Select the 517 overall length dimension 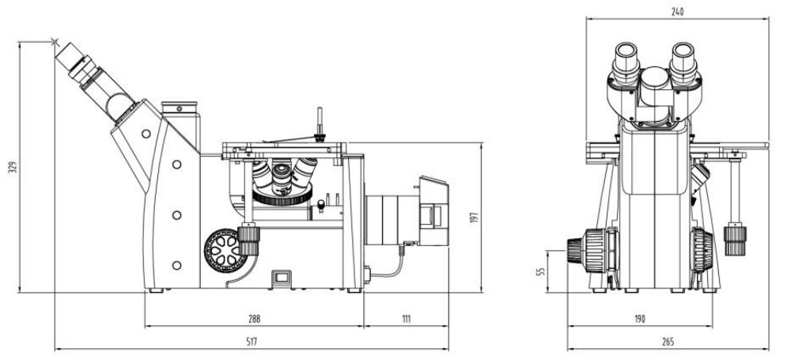tap(252, 343)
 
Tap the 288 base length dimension tap(255, 319)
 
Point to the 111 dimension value tap(406, 319)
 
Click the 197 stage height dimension tap(475, 218)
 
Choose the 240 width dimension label tap(677, 12)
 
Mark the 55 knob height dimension tap(540, 271)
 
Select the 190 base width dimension tap(639, 319)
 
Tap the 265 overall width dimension tap(668, 343)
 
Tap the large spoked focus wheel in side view tap(225, 251)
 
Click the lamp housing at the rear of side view tap(433, 210)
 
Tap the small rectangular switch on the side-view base tap(281, 277)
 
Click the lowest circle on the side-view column tap(176, 265)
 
